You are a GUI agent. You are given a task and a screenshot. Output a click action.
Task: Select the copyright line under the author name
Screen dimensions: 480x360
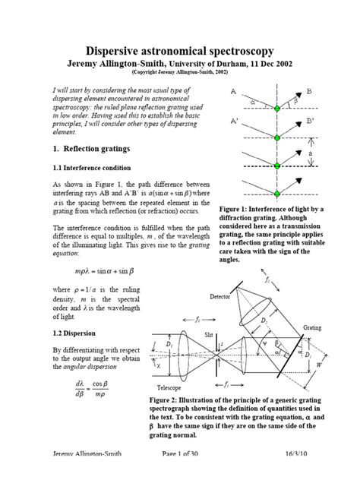click(x=180, y=74)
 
